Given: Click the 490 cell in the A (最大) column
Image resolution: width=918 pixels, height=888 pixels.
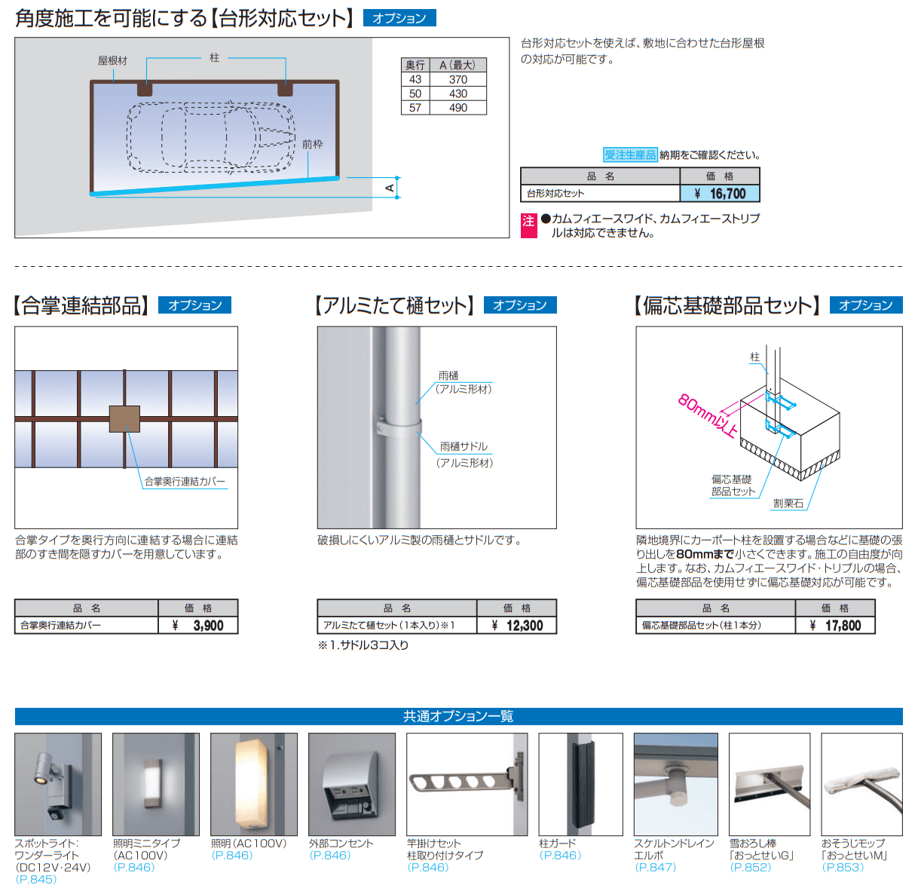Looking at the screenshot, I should click(x=457, y=108).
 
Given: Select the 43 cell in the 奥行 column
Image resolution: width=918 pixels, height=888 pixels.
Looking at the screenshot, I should click(x=415, y=79).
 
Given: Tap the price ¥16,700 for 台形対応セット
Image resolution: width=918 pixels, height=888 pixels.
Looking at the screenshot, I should click(x=720, y=194).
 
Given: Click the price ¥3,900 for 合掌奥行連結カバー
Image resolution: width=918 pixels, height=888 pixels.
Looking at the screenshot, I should click(x=198, y=625).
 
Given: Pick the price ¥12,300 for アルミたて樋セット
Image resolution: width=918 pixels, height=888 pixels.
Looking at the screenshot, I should click(x=516, y=625).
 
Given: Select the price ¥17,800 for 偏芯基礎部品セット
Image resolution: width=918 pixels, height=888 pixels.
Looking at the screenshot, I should click(x=835, y=625).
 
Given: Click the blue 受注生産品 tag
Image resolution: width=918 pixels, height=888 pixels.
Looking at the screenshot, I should click(x=630, y=155).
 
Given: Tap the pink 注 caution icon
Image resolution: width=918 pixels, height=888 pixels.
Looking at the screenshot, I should click(x=528, y=221).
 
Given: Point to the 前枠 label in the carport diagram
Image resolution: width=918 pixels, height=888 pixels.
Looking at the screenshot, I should click(x=312, y=144).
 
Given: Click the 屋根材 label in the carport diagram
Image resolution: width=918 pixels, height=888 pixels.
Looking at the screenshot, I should click(x=112, y=60).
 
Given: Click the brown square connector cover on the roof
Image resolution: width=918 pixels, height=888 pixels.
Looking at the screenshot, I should click(x=124, y=419).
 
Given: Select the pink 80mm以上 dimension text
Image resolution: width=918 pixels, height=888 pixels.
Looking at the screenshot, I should click(x=708, y=415).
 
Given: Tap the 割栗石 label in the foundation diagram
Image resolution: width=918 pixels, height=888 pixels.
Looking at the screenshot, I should click(x=788, y=504).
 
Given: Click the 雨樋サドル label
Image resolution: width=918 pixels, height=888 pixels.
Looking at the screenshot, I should click(x=464, y=446).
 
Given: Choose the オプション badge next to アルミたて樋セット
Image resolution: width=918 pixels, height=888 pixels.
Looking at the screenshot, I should click(x=519, y=305).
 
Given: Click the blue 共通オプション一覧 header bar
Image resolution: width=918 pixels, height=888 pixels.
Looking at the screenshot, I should click(x=458, y=716).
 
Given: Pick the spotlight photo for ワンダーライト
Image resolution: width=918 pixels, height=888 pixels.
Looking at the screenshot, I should click(x=58, y=784).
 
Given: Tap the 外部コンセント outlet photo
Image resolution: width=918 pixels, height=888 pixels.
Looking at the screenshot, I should click(x=351, y=784).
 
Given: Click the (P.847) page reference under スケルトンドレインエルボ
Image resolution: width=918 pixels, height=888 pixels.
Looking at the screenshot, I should click(x=656, y=867).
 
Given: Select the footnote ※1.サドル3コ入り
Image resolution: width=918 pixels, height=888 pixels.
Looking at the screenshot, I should click(x=363, y=645).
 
